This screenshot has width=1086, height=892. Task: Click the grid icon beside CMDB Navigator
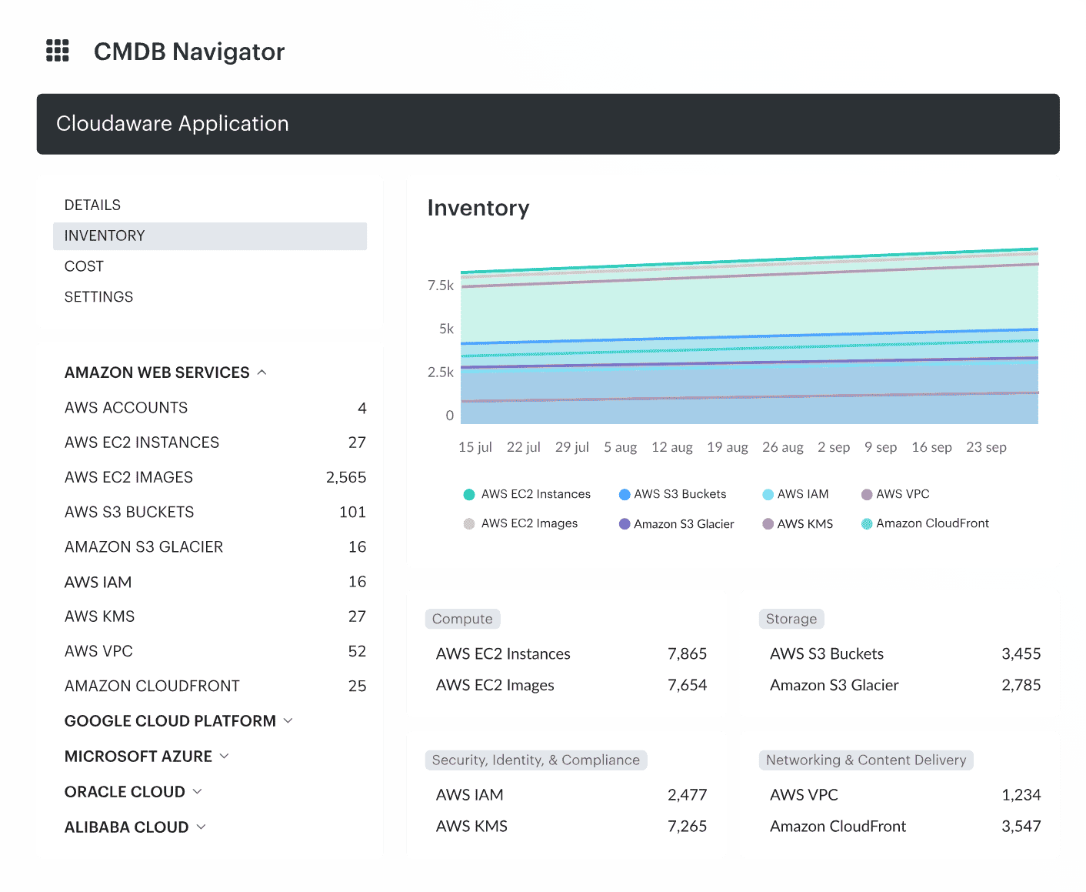(x=58, y=51)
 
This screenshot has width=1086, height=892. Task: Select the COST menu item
(x=84, y=266)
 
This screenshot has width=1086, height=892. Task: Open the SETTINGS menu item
(x=98, y=297)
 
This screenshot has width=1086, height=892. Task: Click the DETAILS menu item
(x=92, y=205)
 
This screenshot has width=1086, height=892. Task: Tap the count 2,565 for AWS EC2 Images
(x=345, y=477)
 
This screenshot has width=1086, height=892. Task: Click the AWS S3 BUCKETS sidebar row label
(x=129, y=512)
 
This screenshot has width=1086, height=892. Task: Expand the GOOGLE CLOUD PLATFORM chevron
(x=288, y=721)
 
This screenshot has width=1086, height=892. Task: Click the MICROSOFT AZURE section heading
(x=138, y=757)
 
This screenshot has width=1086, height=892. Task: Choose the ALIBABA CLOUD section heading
(x=127, y=827)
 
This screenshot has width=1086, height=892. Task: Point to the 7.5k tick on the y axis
(x=441, y=286)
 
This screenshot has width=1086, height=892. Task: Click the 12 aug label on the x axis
(x=671, y=447)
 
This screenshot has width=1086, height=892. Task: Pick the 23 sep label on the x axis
(x=986, y=447)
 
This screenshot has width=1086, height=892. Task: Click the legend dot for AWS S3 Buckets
(x=625, y=494)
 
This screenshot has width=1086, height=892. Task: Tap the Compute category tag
(x=462, y=619)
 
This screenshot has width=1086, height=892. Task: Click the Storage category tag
(x=791, y=619)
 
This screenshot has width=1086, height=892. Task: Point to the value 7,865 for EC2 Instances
(x=687, y=653)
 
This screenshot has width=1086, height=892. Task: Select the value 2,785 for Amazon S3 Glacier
(x=1021, y=685)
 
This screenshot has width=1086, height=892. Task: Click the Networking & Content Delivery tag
(x=866, y=760)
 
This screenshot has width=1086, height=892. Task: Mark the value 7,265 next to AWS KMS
(x=687, y=826)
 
